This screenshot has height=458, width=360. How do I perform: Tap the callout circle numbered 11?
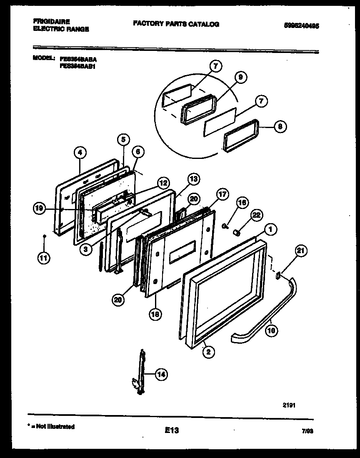point(43,258)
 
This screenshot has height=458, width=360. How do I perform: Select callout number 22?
point(257,215)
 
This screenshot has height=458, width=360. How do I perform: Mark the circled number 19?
point(40,209)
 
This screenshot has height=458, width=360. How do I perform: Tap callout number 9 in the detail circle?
point(241,77)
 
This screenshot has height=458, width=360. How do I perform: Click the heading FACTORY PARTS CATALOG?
point(176,24)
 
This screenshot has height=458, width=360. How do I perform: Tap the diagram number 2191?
point(290,405)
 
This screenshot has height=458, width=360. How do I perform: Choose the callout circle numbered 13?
point(193,179)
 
